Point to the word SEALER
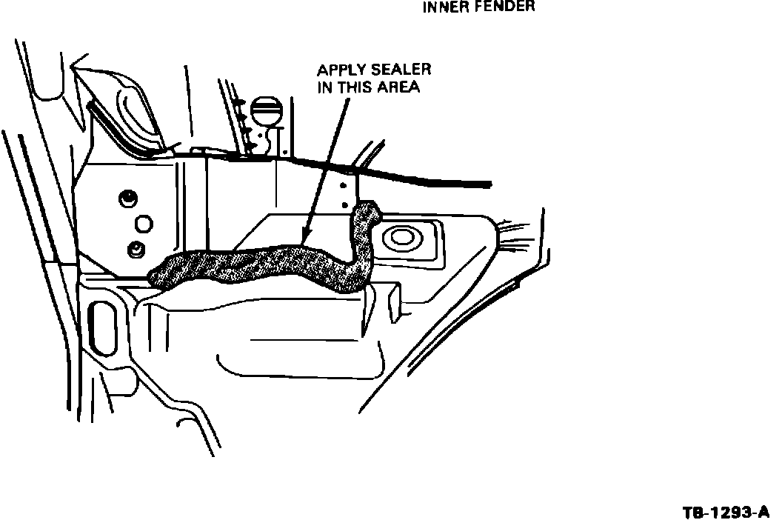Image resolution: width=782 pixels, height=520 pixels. pos(402,70)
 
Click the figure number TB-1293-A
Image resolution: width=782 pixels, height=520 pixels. pos(726,513)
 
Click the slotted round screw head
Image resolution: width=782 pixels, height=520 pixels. pos(267,110)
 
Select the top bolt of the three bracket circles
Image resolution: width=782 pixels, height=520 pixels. pos(128,199)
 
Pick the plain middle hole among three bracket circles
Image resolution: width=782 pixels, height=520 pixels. pos(143,224)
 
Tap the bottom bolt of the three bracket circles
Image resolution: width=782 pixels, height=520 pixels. pos(136,249)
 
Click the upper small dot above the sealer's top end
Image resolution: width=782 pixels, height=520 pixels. pos(343,186)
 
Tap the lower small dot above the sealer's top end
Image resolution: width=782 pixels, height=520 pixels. pos(344,204)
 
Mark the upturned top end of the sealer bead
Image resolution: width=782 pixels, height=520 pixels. pos(367,210)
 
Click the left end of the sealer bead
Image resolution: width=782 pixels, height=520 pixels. pos(156,276)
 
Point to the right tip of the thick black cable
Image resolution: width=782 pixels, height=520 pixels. pos(489,184)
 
